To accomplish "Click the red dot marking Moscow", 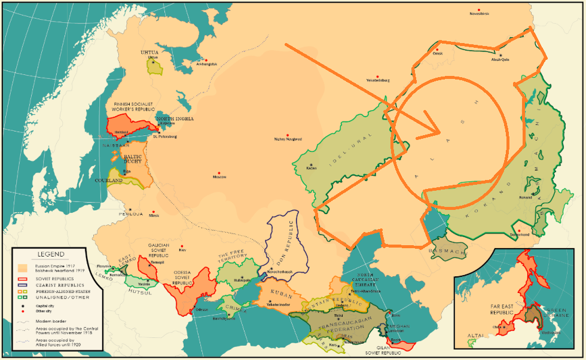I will click(x=219, y=171).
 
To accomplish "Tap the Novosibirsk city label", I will click(x=479, y=14).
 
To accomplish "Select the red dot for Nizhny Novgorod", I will click(x=288, y=135).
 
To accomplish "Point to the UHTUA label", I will click(x=149, y=52).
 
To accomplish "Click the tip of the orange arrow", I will click(x=440, y=132).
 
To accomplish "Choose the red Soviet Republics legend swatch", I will click(x=22, y=279).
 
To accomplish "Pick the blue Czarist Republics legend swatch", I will click(x=22, y=285).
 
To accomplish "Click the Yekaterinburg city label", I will click(x=378, y=80).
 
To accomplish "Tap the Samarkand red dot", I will click(x=519, y=230).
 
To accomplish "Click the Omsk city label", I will click(x=438, y=54).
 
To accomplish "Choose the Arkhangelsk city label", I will click(x=205, y=64).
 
